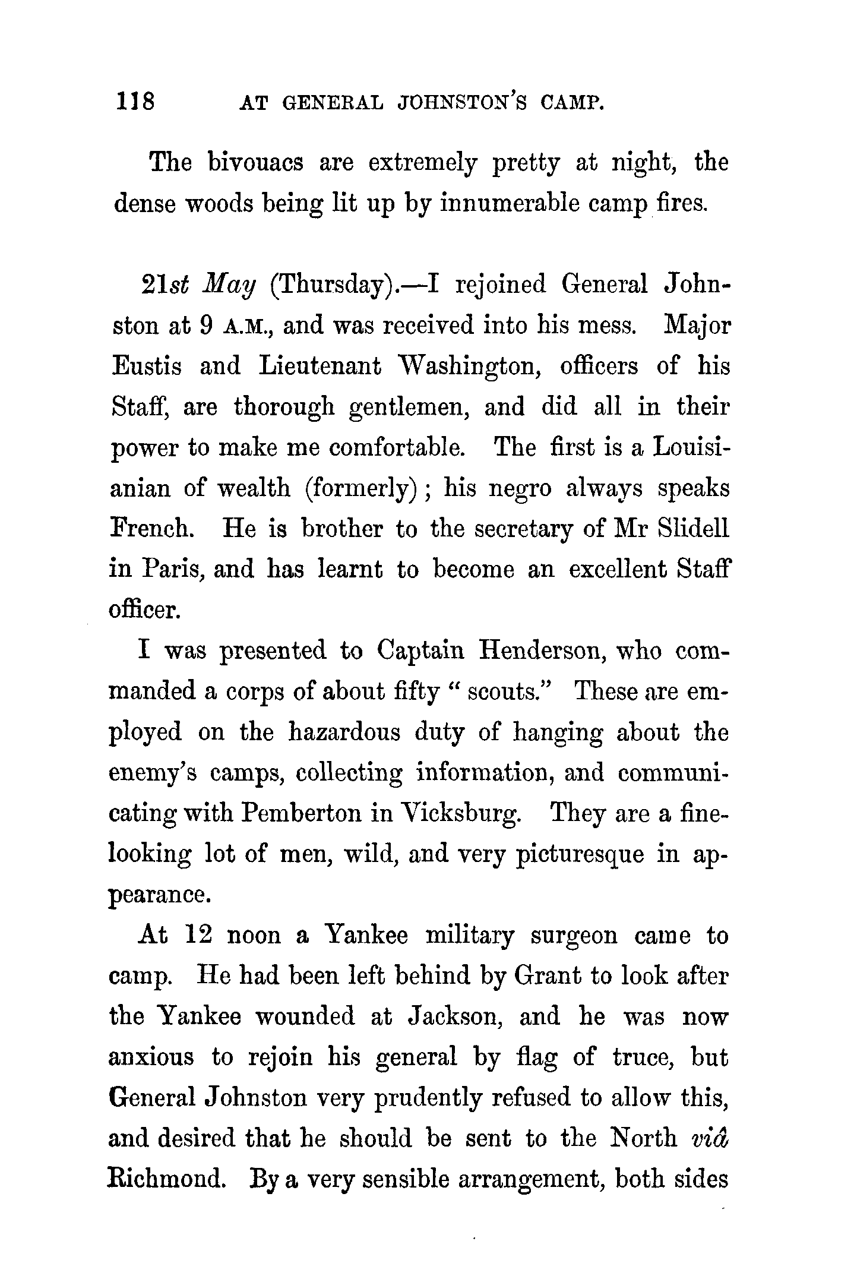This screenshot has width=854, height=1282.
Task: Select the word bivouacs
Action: pos(256,162)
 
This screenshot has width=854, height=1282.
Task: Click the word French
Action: pos(151,529)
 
